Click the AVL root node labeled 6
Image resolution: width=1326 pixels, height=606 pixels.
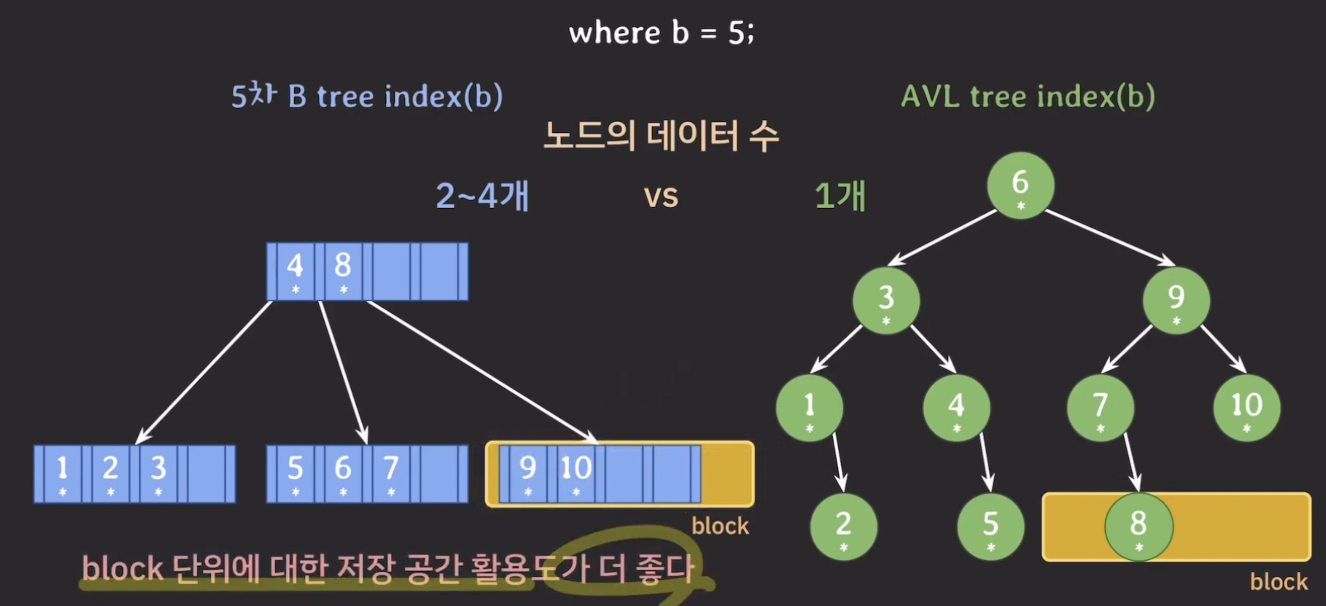pyautogui.click(x=1020, y=186)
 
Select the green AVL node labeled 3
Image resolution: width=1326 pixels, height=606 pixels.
pyautogui.click(x=886, y=301)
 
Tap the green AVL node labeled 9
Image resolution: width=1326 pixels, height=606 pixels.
pyautogui.click(x=1176, y=301)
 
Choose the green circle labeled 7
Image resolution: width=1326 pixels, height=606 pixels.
pyautogui.click(x=1100, y=408)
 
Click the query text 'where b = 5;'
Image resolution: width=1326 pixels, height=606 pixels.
pyautogui.click(x=661, y=33)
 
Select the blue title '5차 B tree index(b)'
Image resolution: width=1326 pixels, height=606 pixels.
pyautogui.click(x=366, y=96)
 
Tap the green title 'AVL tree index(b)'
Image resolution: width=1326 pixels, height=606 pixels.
pyautogui.click(x=1028, y=96)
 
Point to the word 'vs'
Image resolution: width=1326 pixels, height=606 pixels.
pyautogui.click(x=661, y=197)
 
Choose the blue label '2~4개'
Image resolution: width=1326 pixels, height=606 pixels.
pyautogui.click(x=482, y=196)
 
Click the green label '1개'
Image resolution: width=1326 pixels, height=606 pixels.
pyautogui.click(x=840, y=196)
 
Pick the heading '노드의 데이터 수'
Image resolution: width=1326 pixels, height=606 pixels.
pyautogui.click(x=661, y=136)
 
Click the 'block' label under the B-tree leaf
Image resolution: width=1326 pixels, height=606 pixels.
pyautogui.click(x=719, y=526)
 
